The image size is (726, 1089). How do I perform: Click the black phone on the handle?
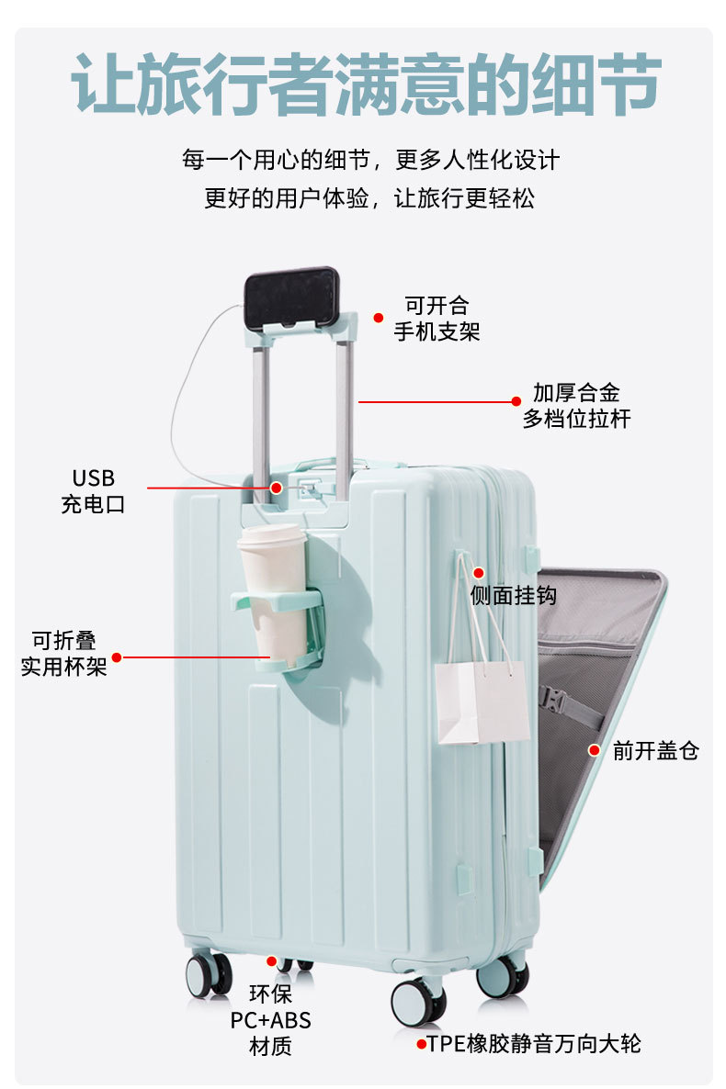(289, 298)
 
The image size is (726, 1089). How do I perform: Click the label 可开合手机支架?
(437, 318)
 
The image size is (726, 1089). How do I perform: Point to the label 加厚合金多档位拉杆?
(576, 406)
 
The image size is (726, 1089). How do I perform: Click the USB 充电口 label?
(93, 490)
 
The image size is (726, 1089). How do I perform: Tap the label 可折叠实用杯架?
(63, 654)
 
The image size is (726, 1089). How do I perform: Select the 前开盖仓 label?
(655, 751)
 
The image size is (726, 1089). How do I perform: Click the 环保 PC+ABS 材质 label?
(270, 1019)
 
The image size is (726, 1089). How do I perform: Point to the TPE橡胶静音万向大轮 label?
(534, 1043)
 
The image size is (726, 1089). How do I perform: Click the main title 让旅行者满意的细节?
(365, 84)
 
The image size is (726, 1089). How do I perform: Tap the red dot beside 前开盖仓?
(595, 750)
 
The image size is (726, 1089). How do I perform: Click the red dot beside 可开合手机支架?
(378, 318)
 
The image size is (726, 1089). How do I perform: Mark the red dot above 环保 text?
(271, 961)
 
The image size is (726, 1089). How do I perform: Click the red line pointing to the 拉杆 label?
(437, 401)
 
